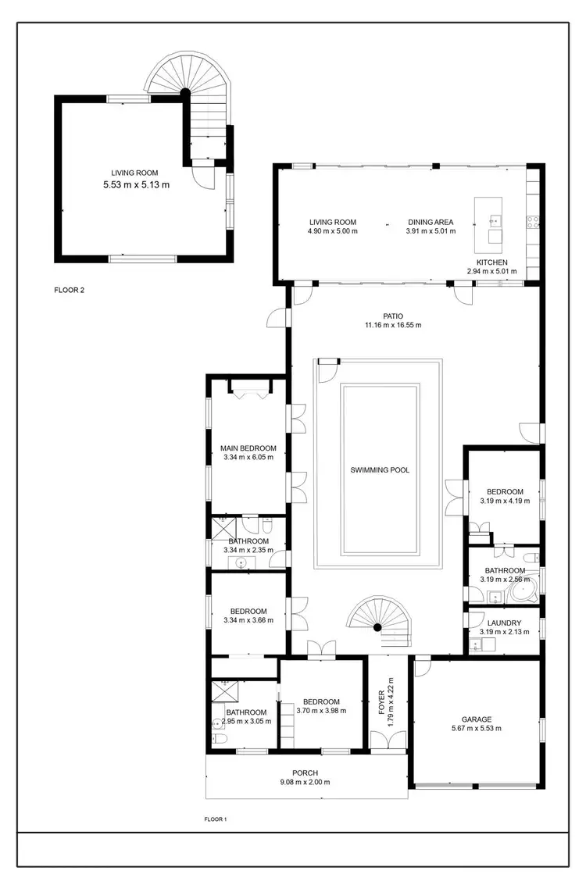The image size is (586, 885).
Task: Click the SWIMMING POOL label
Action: (x=380, y=470)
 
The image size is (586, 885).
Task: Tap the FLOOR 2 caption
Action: (x=69, y=290)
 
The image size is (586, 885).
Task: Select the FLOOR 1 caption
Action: (x=215, y=820)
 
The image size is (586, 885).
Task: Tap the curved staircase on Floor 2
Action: (x=188, y=94)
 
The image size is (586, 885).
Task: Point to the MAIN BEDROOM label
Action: (x=248, y=448)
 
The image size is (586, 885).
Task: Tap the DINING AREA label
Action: (x=429, y=222)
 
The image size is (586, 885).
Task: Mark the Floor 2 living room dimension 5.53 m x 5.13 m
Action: (x=136, y=185)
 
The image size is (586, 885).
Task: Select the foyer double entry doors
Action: (x=387, y=740)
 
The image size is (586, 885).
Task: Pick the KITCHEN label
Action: (x=492, y=262)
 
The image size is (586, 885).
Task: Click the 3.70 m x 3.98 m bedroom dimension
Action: (x=321, y=711)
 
